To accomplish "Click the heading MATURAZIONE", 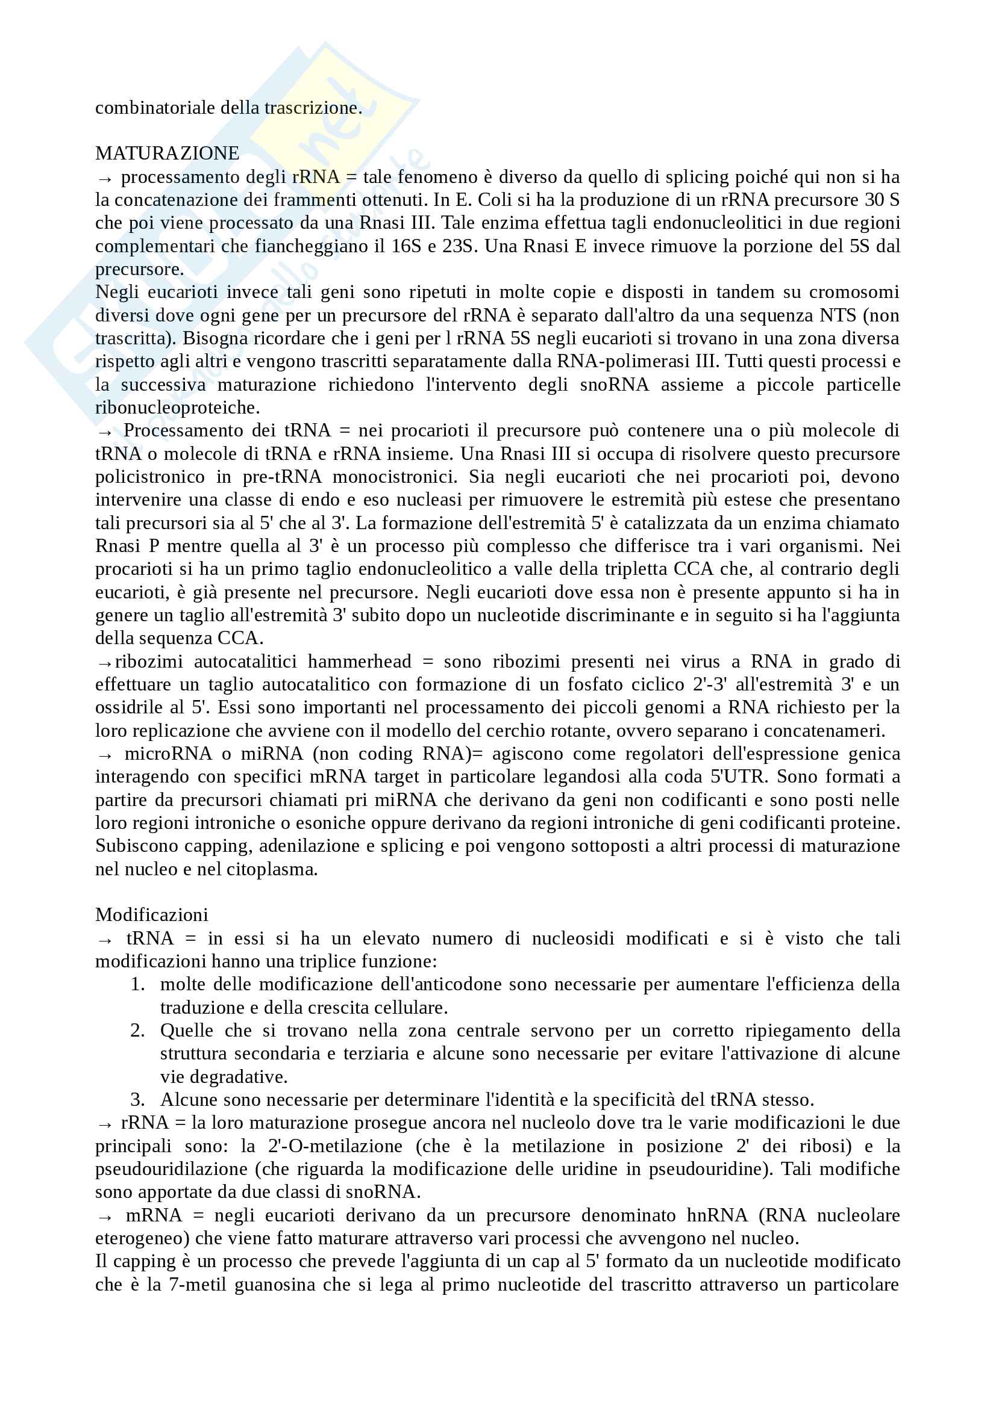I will (167, 154).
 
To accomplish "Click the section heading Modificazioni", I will (152, 915).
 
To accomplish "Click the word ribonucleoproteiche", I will (177, 407).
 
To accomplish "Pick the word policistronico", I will (150, 477).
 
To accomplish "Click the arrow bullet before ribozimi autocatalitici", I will (104, 662).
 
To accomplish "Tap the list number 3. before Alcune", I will (137, 1100).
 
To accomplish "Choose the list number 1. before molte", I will (137, 984).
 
